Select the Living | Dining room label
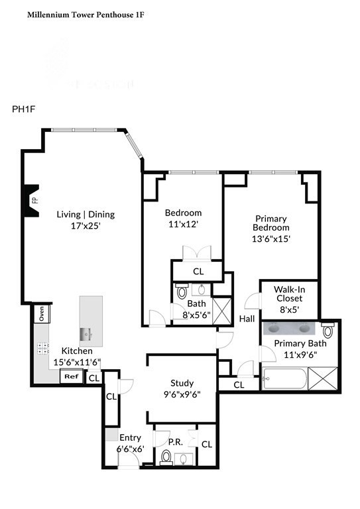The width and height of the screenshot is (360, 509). click(x=85, y=219)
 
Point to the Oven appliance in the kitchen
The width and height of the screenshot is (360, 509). click(x=41, y=313)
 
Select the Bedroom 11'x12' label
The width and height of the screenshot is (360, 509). click(x=183, y=219)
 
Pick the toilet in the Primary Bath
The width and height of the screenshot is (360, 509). click(x=327, y=331)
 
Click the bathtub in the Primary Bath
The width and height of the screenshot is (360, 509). click(x=284, y=382)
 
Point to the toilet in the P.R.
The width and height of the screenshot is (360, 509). click(x=166, y=457)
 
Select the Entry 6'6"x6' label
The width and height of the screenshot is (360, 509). click(x=130, y=443)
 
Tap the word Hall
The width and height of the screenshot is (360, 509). click(x=247, y=319)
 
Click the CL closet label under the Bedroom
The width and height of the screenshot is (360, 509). click(x=198, y=271)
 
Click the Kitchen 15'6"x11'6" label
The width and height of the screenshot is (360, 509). click(x=77, y=357)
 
